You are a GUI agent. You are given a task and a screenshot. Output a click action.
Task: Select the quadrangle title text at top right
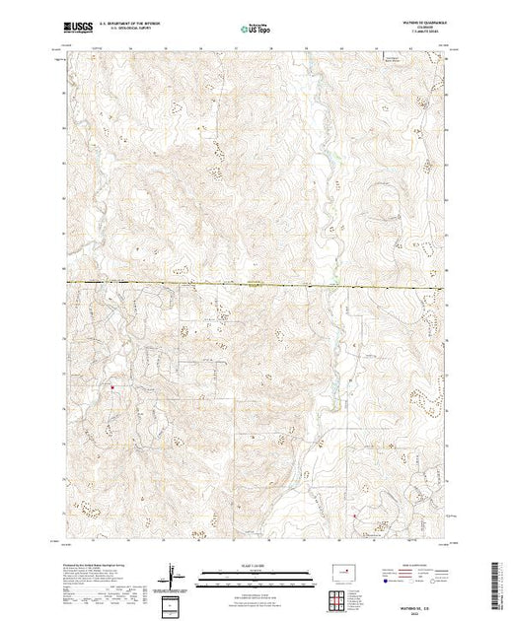tap(418, 28)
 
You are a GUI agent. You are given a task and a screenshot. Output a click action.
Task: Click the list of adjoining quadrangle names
tap(361, 597)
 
